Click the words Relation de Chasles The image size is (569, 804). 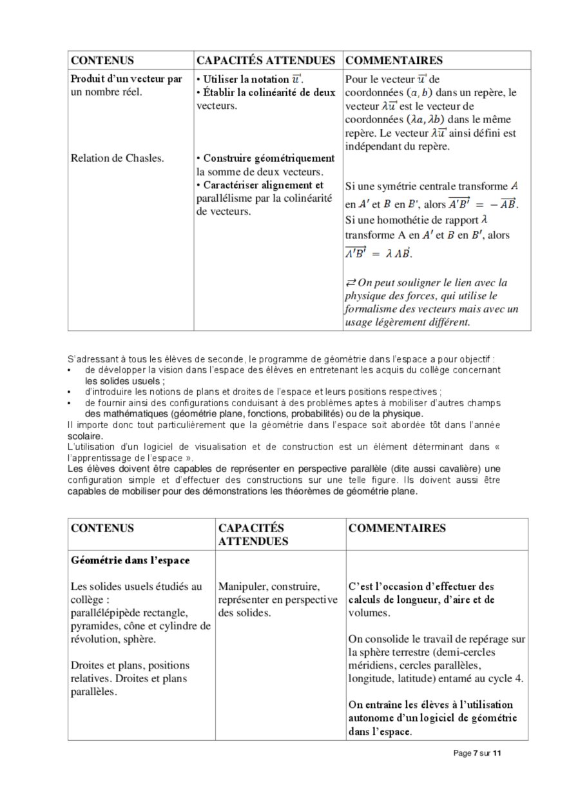click(x=117, y=158)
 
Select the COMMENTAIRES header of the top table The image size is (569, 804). click(x=394, y=61)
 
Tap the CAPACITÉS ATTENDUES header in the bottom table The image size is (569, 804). click(x=251, y=534)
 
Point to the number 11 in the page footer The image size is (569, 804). click(x=496, y=752)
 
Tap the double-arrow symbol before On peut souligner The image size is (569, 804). click(x=351, y=283)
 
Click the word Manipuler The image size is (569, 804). click(x=242, y=587)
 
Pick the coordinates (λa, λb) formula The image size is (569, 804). click(x=426, y=120)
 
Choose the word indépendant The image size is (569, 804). click(x=372, y=146)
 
